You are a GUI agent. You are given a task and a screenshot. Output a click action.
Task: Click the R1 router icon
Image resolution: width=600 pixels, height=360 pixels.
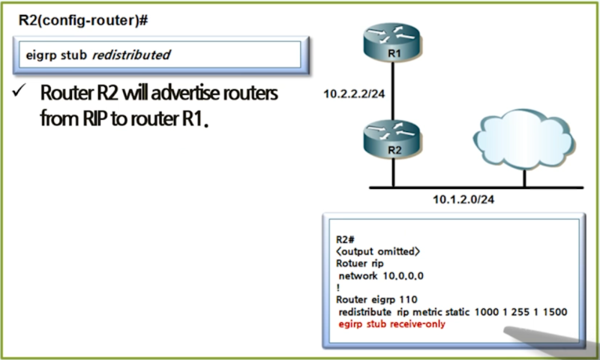(x=392, y=42)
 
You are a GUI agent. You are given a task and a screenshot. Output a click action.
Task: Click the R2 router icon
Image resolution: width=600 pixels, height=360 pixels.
(x=392, y=139)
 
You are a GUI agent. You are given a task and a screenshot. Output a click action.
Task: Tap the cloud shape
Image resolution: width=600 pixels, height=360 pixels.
(x=523, y=139)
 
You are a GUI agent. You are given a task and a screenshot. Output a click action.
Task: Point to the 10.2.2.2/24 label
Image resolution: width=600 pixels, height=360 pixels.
(x=354, y=94)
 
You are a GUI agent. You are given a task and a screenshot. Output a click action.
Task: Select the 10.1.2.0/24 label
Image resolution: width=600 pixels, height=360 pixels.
(x=463, y=199)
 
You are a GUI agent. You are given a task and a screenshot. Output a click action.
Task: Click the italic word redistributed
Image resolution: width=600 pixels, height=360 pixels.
(x=131, y=55)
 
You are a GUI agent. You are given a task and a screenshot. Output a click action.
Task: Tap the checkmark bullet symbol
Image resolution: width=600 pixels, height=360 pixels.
(x=19, y=91)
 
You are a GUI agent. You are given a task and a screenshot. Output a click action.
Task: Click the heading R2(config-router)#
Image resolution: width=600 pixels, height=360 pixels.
(x=83, y=20)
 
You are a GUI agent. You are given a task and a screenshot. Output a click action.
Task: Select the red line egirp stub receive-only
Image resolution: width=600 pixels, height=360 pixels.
(x=391, y=324)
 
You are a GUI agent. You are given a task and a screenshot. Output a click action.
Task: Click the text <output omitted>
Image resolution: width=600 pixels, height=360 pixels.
(x=378, y=251)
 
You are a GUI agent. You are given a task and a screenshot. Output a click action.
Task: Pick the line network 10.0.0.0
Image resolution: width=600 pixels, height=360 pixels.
(x=381, y=276)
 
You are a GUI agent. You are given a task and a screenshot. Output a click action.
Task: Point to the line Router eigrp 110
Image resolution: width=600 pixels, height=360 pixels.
(x=376, y=299)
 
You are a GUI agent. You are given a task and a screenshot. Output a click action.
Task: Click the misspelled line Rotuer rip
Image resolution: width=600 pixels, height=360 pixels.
(x=360, y=263)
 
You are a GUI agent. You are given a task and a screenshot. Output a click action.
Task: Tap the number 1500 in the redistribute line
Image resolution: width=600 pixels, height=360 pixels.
(x=555, y=312)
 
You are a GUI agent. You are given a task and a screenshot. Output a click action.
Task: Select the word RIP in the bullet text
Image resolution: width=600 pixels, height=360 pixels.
(x=95, y=118)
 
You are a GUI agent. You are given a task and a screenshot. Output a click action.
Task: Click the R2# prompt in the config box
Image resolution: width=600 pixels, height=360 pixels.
(x=345, y=239)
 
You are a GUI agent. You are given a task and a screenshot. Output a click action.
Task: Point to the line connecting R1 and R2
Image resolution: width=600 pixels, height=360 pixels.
(x=392, y=91)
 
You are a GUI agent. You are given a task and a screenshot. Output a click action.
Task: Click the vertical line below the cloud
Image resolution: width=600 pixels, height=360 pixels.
(x=524, y=178)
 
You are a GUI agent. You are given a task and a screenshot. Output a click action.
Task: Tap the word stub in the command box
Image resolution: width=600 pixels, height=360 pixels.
(x=73, y=55)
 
